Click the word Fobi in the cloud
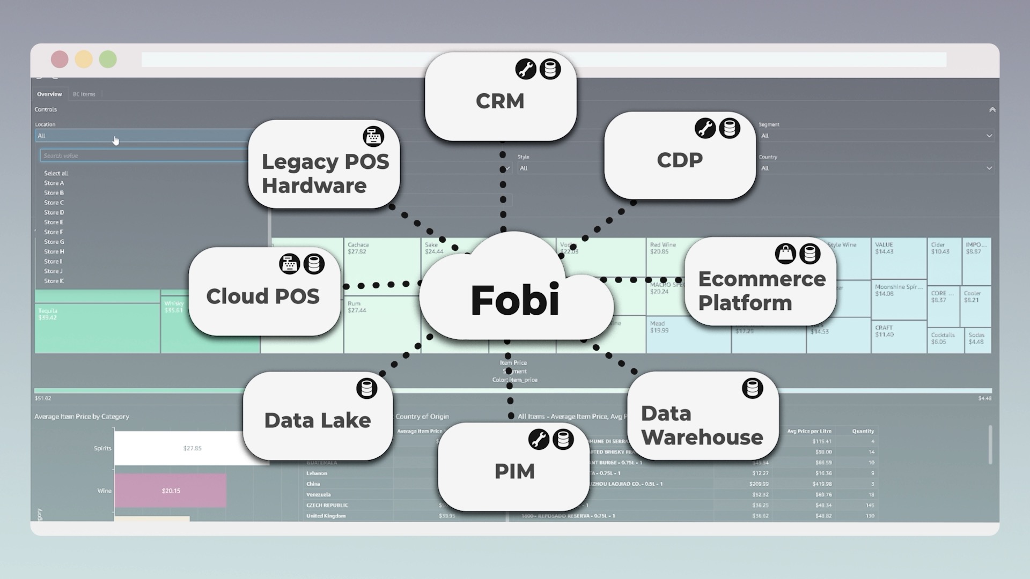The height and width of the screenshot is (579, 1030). tap(515, 300)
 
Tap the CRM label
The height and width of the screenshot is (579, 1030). tap(500, 101)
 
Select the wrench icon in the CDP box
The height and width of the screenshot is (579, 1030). tap(705, 129)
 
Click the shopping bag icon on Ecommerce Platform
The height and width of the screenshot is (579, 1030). tap(785, 254)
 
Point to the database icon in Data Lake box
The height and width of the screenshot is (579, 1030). tap(367, 389)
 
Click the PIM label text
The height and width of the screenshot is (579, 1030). tap(514, 472)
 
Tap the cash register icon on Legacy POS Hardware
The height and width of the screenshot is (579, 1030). tap(373, 136)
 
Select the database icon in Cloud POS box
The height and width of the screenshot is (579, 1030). tap(314, 264)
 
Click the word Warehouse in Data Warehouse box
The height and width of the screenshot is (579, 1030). tap(702, 438)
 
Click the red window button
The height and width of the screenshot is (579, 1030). tap(60, 60)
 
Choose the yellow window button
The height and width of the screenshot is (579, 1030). tap(84, 60)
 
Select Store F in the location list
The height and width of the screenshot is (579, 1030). tap(54, 232)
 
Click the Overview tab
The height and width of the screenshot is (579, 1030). tap(49, 94)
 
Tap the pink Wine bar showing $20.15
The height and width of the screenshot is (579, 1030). tap(171, 491)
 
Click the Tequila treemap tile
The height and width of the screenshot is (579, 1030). tap(97, 327)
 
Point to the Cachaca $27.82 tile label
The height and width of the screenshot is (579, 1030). tap(358, 248)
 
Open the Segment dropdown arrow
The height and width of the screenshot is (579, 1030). tap(989, 136)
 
